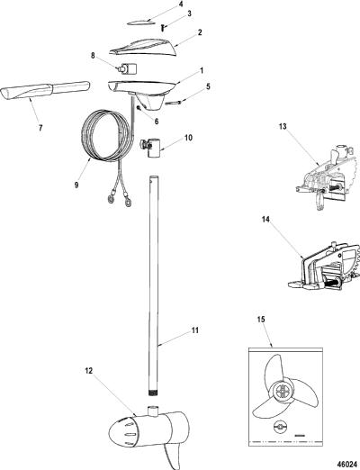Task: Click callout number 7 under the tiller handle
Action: click(40, 128)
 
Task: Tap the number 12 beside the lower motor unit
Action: click(89, 371)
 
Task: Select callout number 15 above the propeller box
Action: click(261, 320)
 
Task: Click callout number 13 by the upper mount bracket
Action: click(283, 127)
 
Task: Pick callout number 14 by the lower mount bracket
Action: click(265, 220)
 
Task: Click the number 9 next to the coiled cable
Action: click(76, 185)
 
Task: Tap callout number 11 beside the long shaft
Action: click(195, 330)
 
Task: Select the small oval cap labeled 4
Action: click(139, 23)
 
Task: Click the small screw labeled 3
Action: click(162, 28)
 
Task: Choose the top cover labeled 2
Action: click(143, 48)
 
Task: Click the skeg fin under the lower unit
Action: click(173, 456)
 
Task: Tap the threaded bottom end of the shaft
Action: click(154, 392)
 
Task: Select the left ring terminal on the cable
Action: click(112, 198)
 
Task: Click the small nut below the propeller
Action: click(281, 426)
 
